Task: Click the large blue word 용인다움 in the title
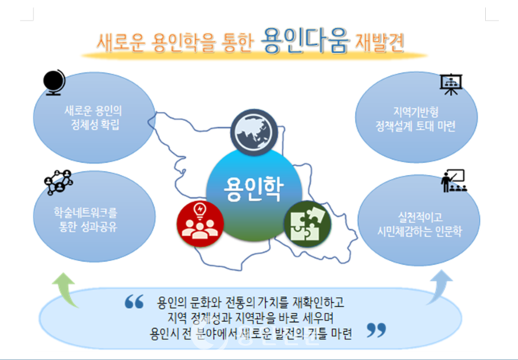pyautogui.click(x=305, y=40)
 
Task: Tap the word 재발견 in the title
pyautogui.click(x=379, y=42)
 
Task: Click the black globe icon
pyautogui.click(x=55, y=82)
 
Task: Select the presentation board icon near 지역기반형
pyautogui.click(x=451, y=84)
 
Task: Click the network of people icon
pyautogui.click(x=59, y=182)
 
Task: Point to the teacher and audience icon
pyautogui.click(x=454, y=181)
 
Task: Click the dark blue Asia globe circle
pyautogui.click(x=254, y=132)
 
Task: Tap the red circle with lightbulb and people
pyautogui.click(x=200, y=224)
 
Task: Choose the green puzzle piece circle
pyautogui.click(x=307, y=224)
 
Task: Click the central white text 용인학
pyautogui.click(x=254, y=189)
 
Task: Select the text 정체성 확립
pyautogui.click(x=95, y=125)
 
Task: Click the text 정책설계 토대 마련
pyautogui.click(x=416, y=126)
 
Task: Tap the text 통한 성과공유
pyautogui.click(x=88, y=227)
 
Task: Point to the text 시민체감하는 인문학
pyautogui.click(x=420, y=231)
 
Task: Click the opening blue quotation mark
pyautogui.click(x=134, y=301)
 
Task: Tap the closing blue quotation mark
pyautogui.click(x=376, y=330)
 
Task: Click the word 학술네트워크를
pyautogui.click(x=86, y=213)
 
